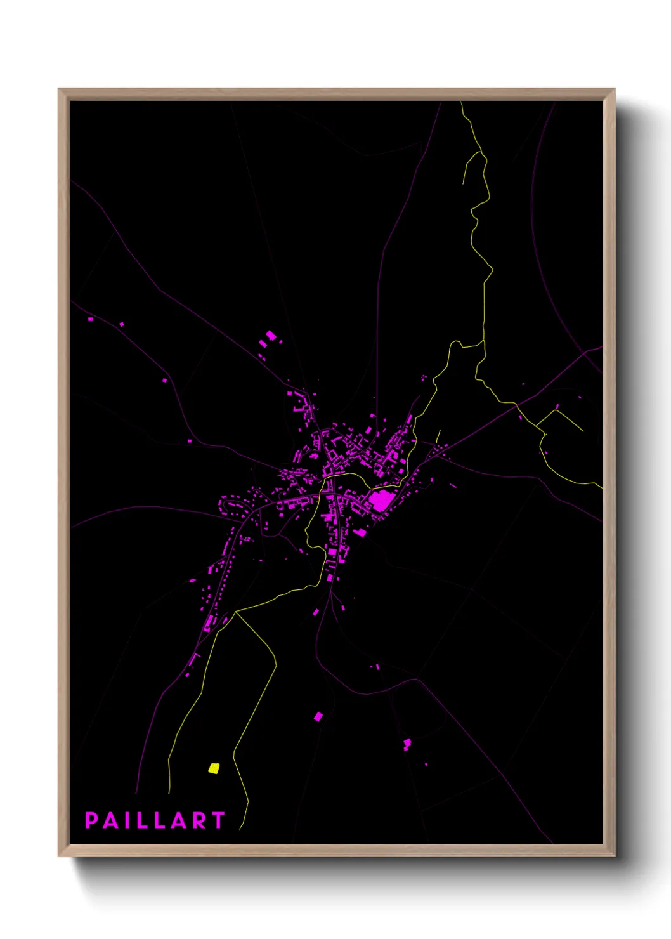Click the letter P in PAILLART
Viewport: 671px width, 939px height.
coord(91,820)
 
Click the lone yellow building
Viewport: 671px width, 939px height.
coord(214,768)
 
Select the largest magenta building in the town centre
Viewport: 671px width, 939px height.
coord(381,500)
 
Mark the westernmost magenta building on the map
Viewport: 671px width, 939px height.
coord(90,319)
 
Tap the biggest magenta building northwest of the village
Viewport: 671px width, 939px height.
coord(270,335)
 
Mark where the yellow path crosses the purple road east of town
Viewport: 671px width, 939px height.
coord(517,404)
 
